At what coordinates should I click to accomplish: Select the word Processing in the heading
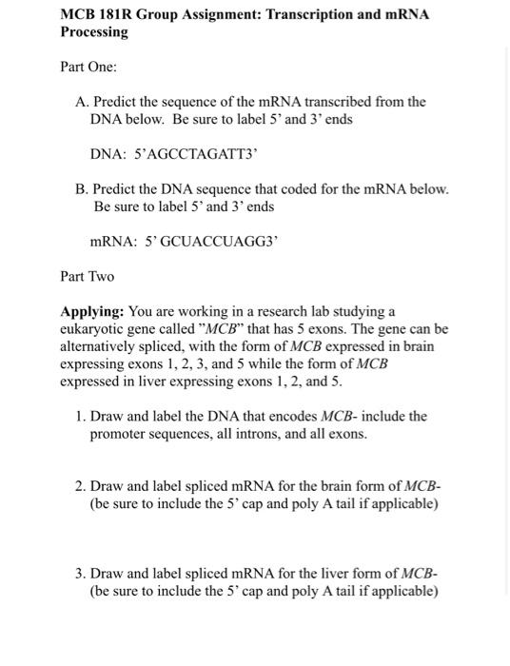point(94,32)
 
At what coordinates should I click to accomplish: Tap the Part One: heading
point(88,68)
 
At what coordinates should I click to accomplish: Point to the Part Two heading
point(87,276)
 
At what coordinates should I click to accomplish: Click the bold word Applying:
point(91,311)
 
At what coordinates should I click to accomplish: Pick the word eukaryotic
point(93,329)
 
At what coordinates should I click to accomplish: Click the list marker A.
point(81,102)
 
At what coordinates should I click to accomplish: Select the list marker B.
point(81,188)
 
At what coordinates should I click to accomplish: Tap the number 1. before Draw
point(81,416)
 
